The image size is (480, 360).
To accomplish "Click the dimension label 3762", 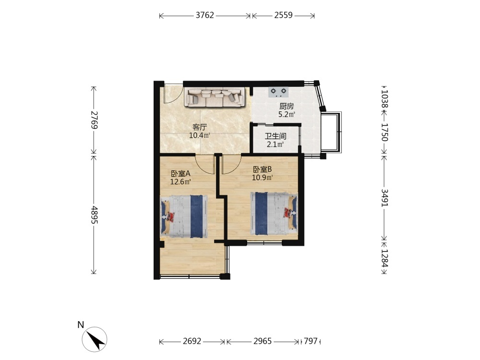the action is tap(205, 15).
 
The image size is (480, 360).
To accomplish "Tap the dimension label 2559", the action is tap(283, 15).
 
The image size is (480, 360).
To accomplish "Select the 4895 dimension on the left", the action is tap(94, 215).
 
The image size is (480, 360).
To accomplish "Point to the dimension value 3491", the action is tap(384, 198).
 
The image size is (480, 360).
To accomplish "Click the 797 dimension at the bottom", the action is tap(311, 341).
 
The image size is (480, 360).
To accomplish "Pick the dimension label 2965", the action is tap(263, 341).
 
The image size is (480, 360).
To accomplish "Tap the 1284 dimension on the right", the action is tap(384, 258).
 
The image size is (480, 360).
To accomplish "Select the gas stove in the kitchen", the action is tap(278, 92).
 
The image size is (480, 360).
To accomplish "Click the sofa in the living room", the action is tap(214, 97).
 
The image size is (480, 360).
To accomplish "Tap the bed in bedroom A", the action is tap(184, 216).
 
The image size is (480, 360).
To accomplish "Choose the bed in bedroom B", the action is tap(274, 214).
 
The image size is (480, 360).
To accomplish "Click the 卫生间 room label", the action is tap(276, 136).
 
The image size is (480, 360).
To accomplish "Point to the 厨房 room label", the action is tap(287, 107).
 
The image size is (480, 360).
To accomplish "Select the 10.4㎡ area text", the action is tap(200, 135).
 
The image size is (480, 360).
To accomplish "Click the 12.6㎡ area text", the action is tap(180, 182).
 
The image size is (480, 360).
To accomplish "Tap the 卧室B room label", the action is tap(263, 169).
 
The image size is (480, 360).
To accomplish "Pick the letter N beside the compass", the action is tap(81, 325).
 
